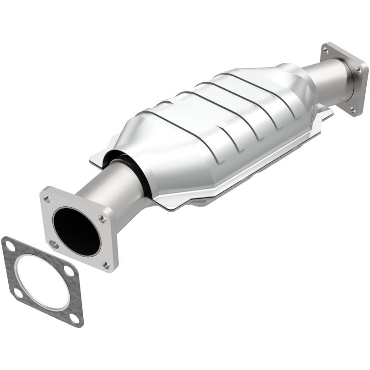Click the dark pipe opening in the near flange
click(76, 231)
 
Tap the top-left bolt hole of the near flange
click(47, 198)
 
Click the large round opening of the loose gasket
click(42, 282)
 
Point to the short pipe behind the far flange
click(324, 76)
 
